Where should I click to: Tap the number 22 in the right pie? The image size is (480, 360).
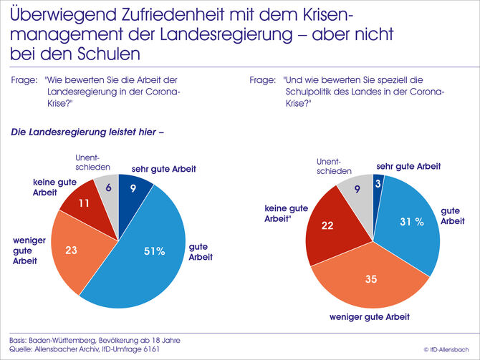tap(329, 225)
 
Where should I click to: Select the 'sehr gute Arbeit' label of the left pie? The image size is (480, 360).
tap(163, 169)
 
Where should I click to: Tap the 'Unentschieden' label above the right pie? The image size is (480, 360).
tap(336, 167)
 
